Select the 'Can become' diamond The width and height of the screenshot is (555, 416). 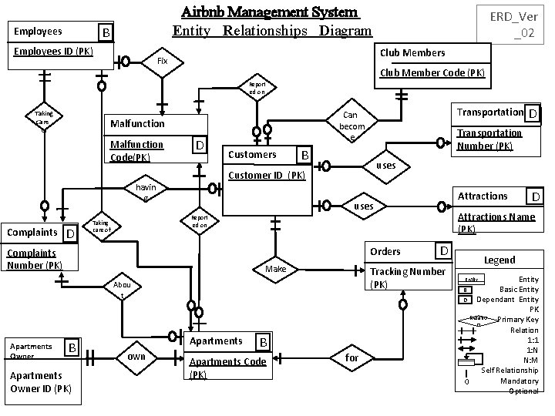[351, 125]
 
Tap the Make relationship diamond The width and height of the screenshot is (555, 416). [275, 270]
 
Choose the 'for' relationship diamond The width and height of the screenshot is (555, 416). [351, 357]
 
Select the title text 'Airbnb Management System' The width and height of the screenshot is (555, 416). [270, 12]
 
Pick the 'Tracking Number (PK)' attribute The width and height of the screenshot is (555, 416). [408, 277]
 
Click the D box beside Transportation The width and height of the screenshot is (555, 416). [533, 114]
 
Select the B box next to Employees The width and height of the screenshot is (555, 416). [105, 32]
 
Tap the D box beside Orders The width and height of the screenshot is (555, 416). [443, 251]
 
